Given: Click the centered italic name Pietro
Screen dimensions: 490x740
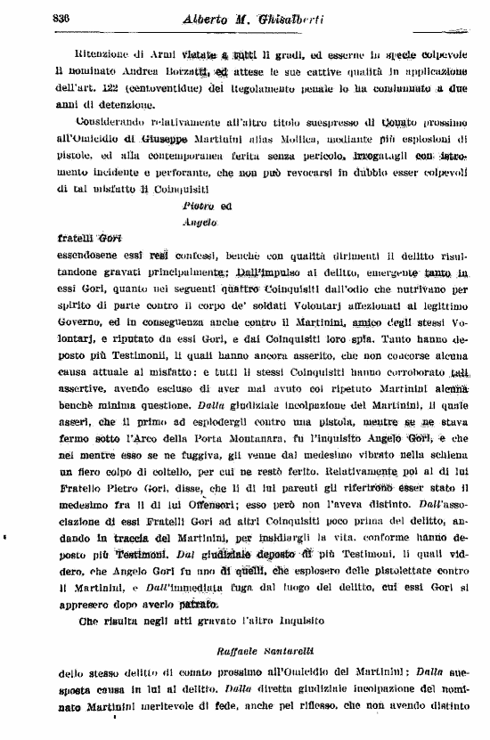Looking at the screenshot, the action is pyautogui.click(x=194, y=204).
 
